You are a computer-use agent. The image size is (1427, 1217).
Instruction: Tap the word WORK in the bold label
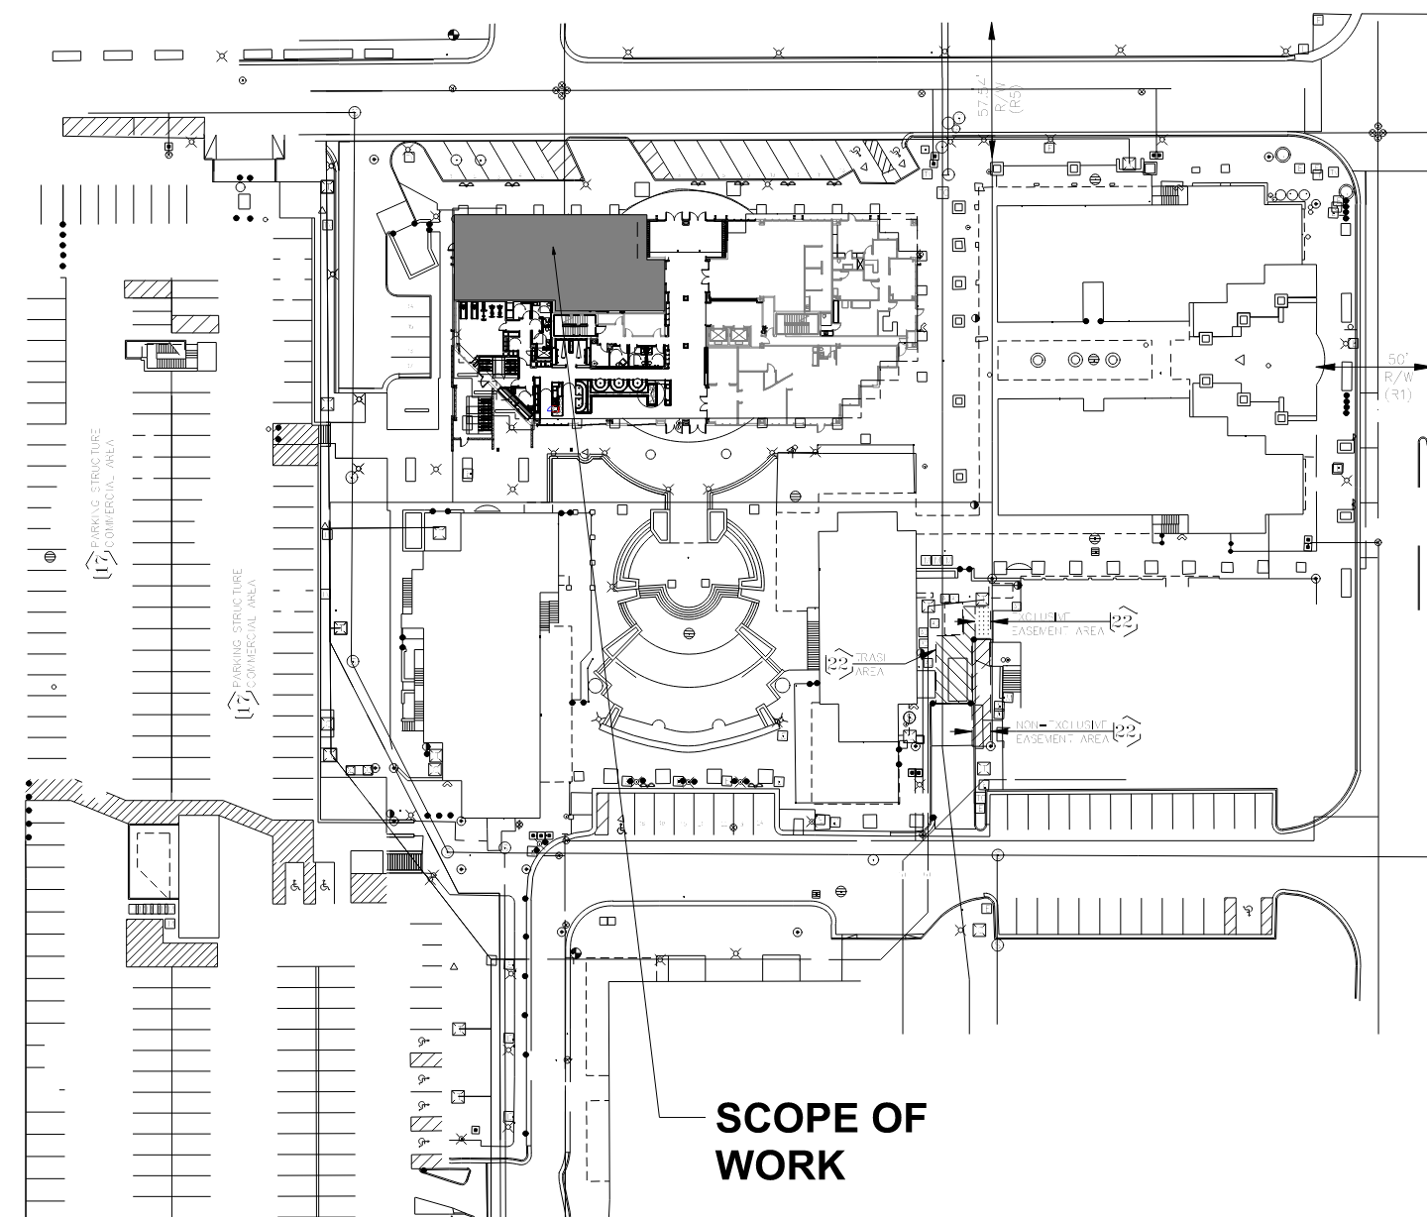point(780,1164)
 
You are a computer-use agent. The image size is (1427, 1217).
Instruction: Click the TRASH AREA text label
point(869,665)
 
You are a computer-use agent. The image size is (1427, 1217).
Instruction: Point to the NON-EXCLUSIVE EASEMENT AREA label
point(1059,732)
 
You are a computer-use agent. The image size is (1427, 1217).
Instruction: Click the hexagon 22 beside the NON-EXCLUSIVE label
point(1126,732)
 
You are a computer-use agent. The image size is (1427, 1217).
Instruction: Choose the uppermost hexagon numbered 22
point(1123,621)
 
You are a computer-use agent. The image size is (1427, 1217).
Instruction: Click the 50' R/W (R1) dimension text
point(1398,377)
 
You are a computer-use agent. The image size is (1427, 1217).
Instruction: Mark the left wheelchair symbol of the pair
point(294,885)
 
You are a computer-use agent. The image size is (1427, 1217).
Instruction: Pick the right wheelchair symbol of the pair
point(325,885)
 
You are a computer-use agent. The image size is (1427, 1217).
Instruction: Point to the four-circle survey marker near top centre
point(564,92)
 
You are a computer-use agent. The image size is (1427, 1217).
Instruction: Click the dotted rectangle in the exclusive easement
point(981,621)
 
